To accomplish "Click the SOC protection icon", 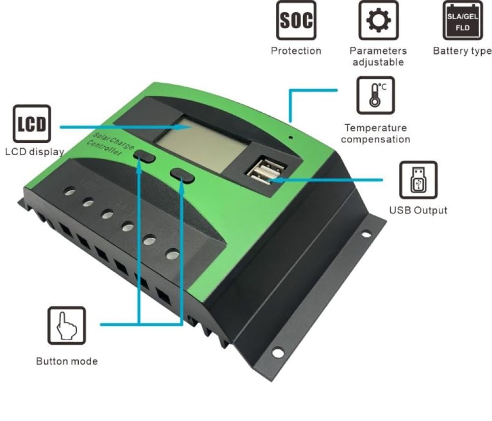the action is coord(296,20).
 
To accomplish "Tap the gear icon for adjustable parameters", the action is coord(378,20).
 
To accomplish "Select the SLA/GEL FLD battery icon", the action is coord(462,20).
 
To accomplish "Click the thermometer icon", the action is coord(375,96).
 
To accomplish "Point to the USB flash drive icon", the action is coord(418,180).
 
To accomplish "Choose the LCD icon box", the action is coord(31,124).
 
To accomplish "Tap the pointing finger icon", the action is coord(66,325).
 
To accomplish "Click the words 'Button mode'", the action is coord(67,361).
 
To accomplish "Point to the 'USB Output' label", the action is coord(418,210).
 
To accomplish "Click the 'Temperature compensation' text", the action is coord(375,133).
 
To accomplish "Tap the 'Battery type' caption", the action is coord(462,51).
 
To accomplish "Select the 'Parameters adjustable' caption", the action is coord(378,57).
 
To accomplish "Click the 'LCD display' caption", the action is coord(35,152).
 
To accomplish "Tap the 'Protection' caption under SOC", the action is coord(296,51).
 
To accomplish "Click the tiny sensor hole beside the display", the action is coord(291,137).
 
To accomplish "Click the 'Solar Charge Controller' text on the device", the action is coord(110,144).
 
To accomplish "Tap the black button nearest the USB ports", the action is coord(182,175).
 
